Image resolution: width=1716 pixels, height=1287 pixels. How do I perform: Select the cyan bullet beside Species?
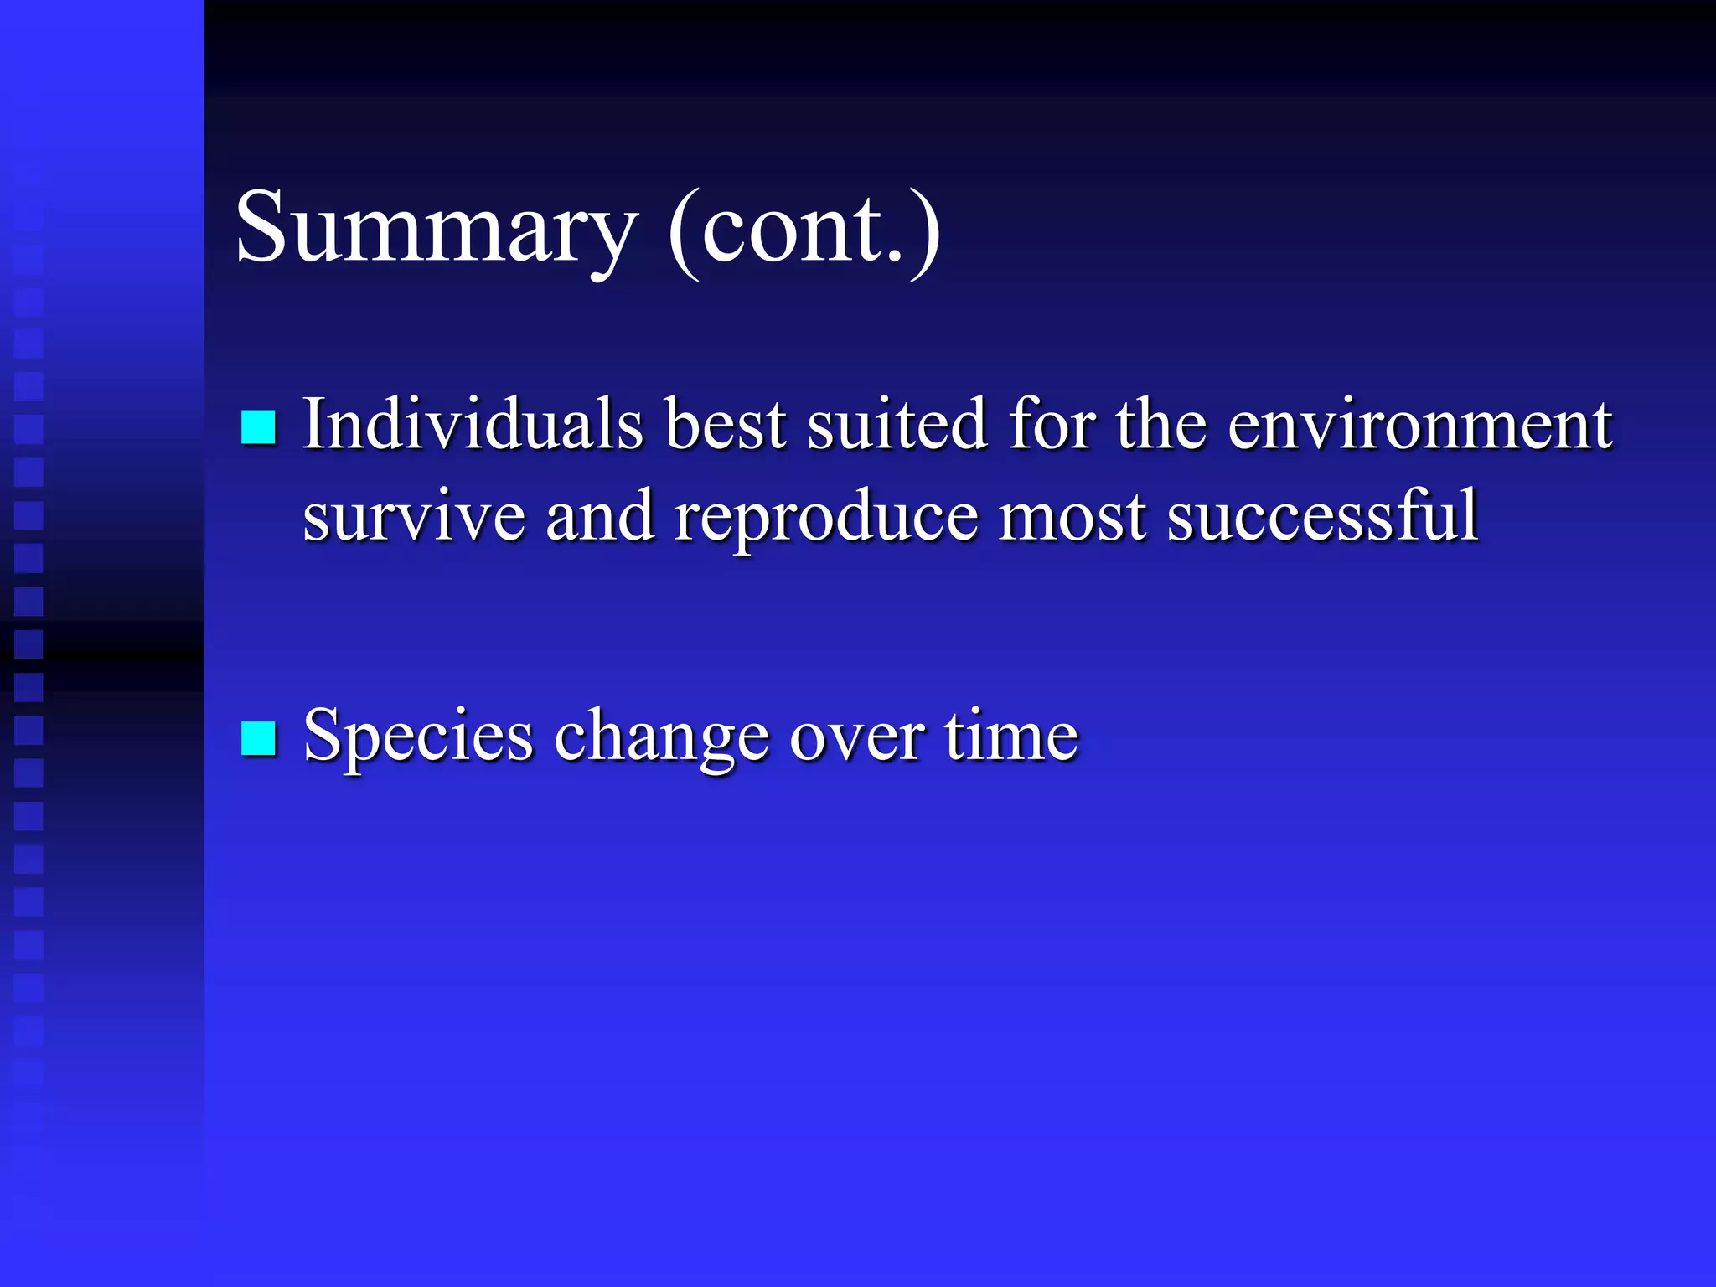(x=258, y=738)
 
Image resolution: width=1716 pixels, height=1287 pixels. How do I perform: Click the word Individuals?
(x=473, y=424)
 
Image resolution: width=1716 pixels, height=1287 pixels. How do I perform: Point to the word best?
(x=726, y=424)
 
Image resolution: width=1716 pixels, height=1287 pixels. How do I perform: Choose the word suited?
(x=897, y=424)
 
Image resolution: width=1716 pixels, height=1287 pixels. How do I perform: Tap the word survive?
(x=414, y=517)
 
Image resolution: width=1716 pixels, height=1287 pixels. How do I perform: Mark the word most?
(x=1072, y=517)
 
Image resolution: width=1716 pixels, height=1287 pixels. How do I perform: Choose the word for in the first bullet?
(x=1052, y=424)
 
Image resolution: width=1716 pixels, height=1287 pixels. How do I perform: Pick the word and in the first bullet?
(x=600, y=517)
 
